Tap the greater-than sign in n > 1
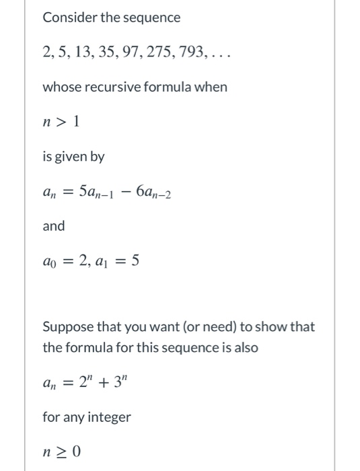point(60,122)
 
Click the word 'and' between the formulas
point(54,226)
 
